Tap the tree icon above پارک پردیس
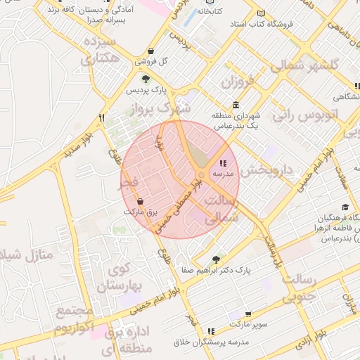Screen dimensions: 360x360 (x=145, y=79)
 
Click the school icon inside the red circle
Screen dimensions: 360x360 (x=224, y=163)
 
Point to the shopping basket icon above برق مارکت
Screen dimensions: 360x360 (x=140, y=201)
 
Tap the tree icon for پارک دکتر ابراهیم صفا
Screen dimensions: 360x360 (x=217, y=259)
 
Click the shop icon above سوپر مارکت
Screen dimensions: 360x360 (x=248, y=314)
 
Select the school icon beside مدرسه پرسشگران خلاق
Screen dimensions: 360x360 (x=211, y=330)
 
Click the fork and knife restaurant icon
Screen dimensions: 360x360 (x=102, y=117)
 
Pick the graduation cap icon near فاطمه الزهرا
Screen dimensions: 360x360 (x=345, y=207)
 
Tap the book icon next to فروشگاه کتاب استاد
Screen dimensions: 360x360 (x=262, y=13)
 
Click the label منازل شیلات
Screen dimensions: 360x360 (x=26, y=255)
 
